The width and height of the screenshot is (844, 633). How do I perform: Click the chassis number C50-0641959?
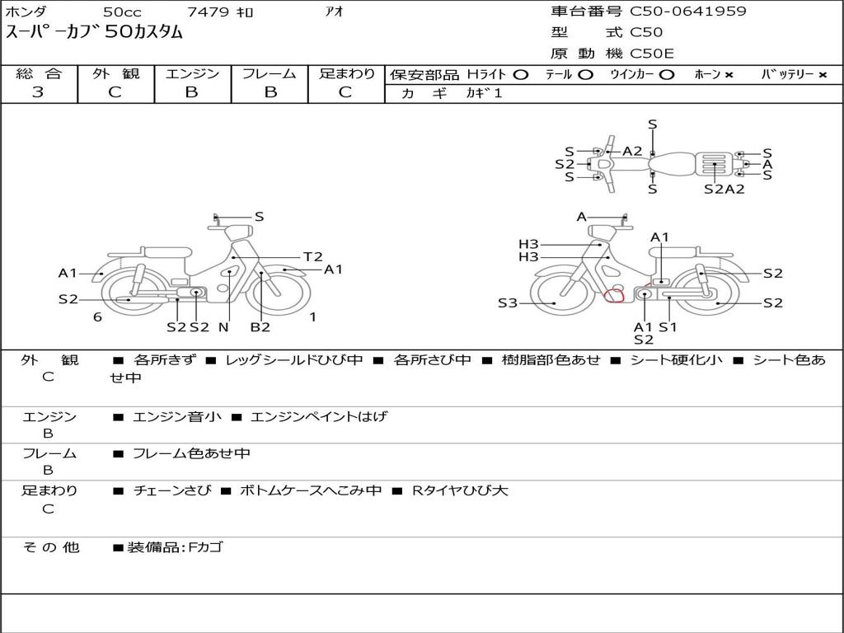(x=688, y=12)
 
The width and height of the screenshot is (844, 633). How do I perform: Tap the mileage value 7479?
(x=208, y=12)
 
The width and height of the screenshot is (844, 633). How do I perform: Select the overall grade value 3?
(x=38, y=92)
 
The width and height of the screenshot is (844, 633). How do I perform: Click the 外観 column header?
(x=115, y=73)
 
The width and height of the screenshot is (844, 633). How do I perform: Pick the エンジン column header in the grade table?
(x=192, y=73)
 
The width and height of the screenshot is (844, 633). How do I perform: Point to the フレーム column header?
(x=270, y=73)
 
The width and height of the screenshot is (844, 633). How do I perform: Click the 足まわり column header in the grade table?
(x=347, y=73)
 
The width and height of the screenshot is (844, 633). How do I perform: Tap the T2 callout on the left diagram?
(x=312, y=257)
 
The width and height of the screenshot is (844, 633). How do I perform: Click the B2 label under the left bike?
(x=260, y=326)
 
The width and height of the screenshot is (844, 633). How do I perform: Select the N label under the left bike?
(x=223, y=326)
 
